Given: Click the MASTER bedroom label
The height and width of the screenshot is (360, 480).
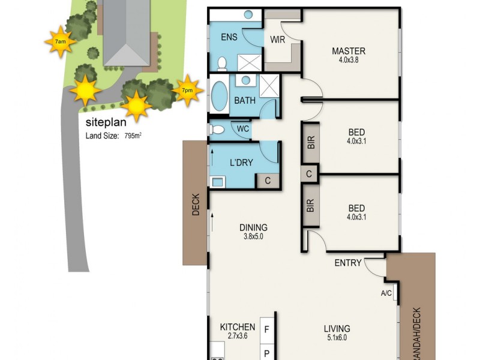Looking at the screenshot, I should [x=349, y=51].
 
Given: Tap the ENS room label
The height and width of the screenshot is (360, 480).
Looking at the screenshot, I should [x=229, y=37].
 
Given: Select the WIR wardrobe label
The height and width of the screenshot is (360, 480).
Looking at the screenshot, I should [x=278, y=40].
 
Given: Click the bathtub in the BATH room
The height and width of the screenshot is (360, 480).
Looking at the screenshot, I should [x=217, y=97].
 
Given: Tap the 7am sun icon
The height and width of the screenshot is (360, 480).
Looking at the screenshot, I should [x=60, y=41].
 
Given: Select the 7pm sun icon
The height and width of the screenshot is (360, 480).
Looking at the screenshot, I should [x=188, y=90].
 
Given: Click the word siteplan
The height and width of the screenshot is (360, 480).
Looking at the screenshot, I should [x=106, y=124].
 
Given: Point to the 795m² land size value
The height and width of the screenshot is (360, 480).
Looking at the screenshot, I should [x=133, y=136].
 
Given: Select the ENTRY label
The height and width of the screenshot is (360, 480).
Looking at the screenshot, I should [x=348, y=263].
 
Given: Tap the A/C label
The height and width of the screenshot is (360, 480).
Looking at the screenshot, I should [x=386, y=293].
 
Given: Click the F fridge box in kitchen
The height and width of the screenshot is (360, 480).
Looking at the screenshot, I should [x=267, y=329].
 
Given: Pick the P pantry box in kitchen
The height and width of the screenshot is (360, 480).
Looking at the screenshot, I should [x=267, y=352].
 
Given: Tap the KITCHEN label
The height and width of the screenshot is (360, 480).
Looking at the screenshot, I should [x=238, y=328].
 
